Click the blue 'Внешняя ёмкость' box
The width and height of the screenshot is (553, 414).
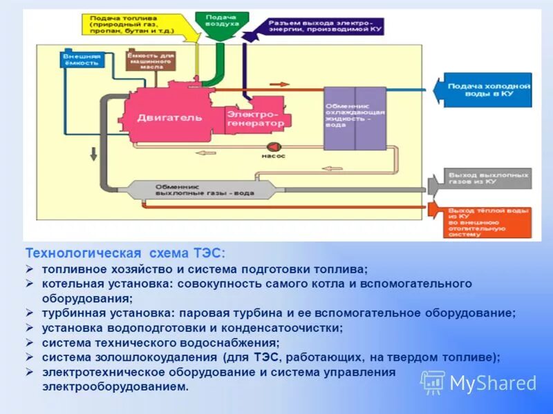point(82,59)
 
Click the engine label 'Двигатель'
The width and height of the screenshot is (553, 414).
point(169,117)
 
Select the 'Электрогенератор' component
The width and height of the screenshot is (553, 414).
point(255,118)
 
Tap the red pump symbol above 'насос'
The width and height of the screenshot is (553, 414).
point(272,146)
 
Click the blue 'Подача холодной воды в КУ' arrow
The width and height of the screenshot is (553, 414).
point(484,90)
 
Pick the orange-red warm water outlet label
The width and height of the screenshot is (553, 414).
point(482,220)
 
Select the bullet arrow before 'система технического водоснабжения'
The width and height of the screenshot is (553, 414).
point(30,342)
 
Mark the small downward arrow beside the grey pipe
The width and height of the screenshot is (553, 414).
point(92,153)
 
